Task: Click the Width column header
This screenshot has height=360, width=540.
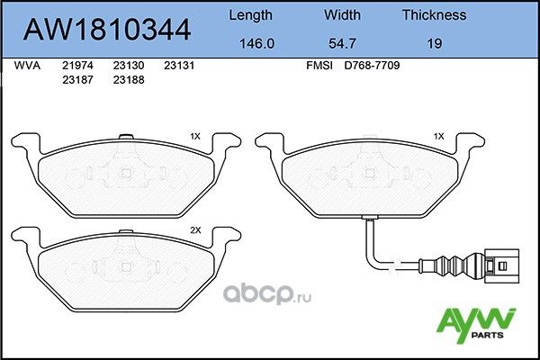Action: [342, 14]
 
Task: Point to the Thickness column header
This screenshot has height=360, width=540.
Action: [433, 14]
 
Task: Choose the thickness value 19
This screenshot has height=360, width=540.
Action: [434, 41]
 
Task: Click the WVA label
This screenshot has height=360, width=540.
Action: [27, 66]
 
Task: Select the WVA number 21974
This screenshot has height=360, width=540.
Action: [76, 66]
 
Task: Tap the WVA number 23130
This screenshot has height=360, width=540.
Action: [127, 66]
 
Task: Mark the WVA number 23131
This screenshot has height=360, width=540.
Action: [179, 66]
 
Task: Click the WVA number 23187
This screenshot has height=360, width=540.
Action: [76, 79]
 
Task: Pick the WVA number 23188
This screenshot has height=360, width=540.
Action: [127, 79]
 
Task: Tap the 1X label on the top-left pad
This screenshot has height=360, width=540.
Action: [195, 136]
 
